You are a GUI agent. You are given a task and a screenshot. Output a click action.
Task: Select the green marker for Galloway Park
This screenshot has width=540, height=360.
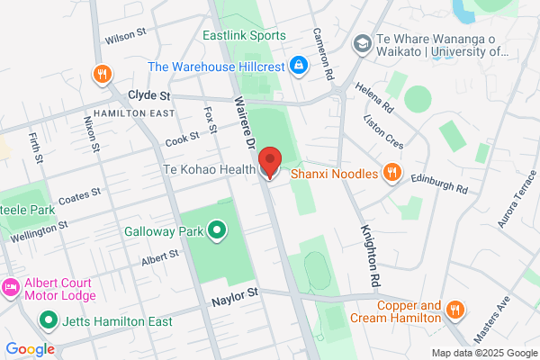pos(217,231)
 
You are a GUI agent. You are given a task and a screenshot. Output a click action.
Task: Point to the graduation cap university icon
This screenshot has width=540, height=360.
pos(361,43)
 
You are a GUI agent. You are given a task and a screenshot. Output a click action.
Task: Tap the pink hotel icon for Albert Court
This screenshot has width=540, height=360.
pos(10,289)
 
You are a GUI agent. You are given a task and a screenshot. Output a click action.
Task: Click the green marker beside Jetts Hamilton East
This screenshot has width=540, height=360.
pos(46,319)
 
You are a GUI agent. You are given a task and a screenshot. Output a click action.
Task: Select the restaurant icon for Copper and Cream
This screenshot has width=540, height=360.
pos(455,310)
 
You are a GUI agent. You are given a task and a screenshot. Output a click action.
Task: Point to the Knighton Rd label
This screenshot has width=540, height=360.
pos(369,257)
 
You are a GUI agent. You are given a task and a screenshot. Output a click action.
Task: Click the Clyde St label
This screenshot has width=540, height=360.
pos(149,94)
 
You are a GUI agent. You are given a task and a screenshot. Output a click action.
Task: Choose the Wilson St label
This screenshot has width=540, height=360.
pos(125,36)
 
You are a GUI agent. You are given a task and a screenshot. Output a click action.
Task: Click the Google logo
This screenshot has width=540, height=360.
pos(30,348)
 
